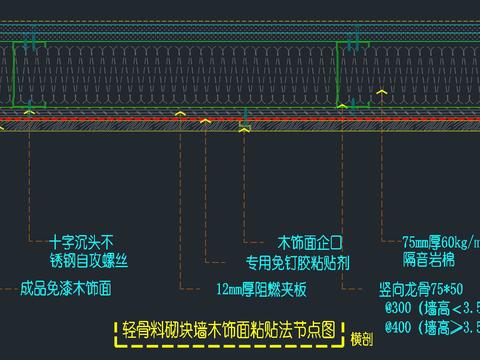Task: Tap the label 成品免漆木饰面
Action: pos(65,289)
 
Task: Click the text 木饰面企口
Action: pos(309,242)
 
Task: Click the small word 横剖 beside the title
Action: pos(362,340)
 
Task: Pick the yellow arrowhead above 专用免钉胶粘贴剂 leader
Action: pos(244,127)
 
